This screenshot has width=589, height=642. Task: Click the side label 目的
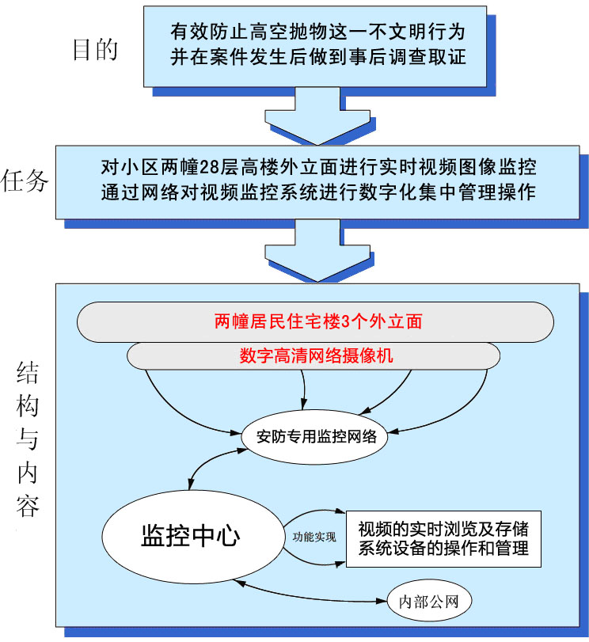click(x=95, y=49)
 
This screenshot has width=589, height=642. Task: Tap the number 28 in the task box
click(x=211, y=168)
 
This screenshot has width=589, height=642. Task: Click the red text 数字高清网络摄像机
click(x=317, y=356)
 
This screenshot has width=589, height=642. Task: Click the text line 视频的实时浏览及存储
click(x=443, y=528)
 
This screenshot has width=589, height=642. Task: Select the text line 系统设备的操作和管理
click(x=443, y=548)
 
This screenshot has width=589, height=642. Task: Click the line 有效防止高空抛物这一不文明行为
click(x=317, y=34)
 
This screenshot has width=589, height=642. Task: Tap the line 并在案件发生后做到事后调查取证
click(x=317, y=57)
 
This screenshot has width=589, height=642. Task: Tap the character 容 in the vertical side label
click(x=27, y=504)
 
